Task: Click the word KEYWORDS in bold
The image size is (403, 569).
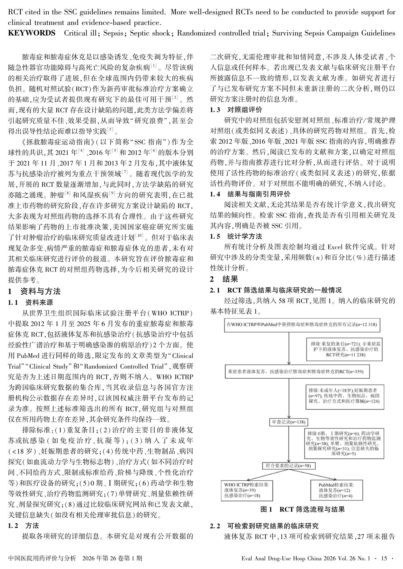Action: click(31, 33)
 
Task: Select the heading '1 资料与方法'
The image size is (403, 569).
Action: click(34, 291)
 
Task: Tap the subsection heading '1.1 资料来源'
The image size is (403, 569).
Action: click(30, 302)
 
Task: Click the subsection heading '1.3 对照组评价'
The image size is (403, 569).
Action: click(236, 110)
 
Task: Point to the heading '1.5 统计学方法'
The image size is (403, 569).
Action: click(236, 236)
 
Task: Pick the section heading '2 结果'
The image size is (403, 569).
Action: click(224, 279)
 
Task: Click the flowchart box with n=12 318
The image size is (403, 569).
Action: click(302, 325)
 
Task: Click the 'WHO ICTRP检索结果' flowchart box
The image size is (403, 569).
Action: click(246, 490)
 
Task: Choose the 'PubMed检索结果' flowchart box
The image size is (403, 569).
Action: click(336, 490)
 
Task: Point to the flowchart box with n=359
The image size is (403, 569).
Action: click(297, 372)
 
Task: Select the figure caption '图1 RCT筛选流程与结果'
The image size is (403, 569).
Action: click(302, 509)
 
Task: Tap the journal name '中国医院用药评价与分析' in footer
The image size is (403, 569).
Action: click(42, 558)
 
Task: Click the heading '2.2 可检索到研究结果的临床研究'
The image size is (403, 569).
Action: click(264, 526)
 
